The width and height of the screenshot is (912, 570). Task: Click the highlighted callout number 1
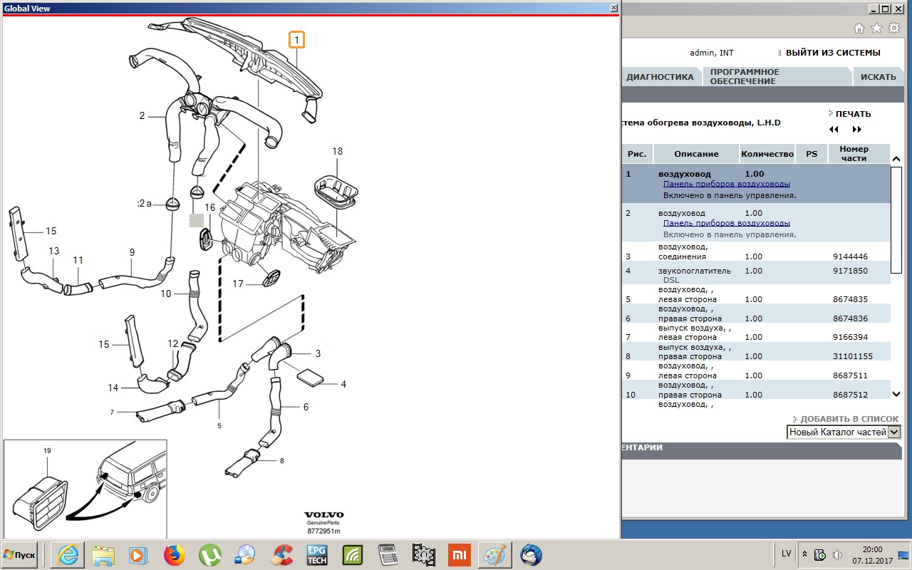296,40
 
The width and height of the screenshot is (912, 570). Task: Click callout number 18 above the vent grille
337,151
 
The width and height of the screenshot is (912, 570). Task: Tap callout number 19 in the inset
47,451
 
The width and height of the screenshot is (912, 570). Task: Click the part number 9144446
850,256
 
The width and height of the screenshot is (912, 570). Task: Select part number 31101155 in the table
853,356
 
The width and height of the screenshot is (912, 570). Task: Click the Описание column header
696,154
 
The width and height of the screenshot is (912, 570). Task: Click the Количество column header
767,154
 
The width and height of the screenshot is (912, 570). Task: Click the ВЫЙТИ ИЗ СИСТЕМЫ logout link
833,53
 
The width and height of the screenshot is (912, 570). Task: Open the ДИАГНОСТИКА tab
660,77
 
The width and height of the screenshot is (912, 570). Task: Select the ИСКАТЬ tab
879,77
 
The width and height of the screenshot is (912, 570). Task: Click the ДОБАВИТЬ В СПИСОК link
849,419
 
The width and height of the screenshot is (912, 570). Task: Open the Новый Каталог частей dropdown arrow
894,432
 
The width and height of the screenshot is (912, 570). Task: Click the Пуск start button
19,554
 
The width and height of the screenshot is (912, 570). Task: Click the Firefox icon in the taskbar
174,554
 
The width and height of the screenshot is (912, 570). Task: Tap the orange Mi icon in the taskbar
460,555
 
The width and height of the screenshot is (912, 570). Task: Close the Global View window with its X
614,8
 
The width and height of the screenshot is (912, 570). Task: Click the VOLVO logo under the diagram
324,514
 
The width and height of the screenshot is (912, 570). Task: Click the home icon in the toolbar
859,28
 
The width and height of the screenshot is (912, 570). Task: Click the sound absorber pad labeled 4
310,378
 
